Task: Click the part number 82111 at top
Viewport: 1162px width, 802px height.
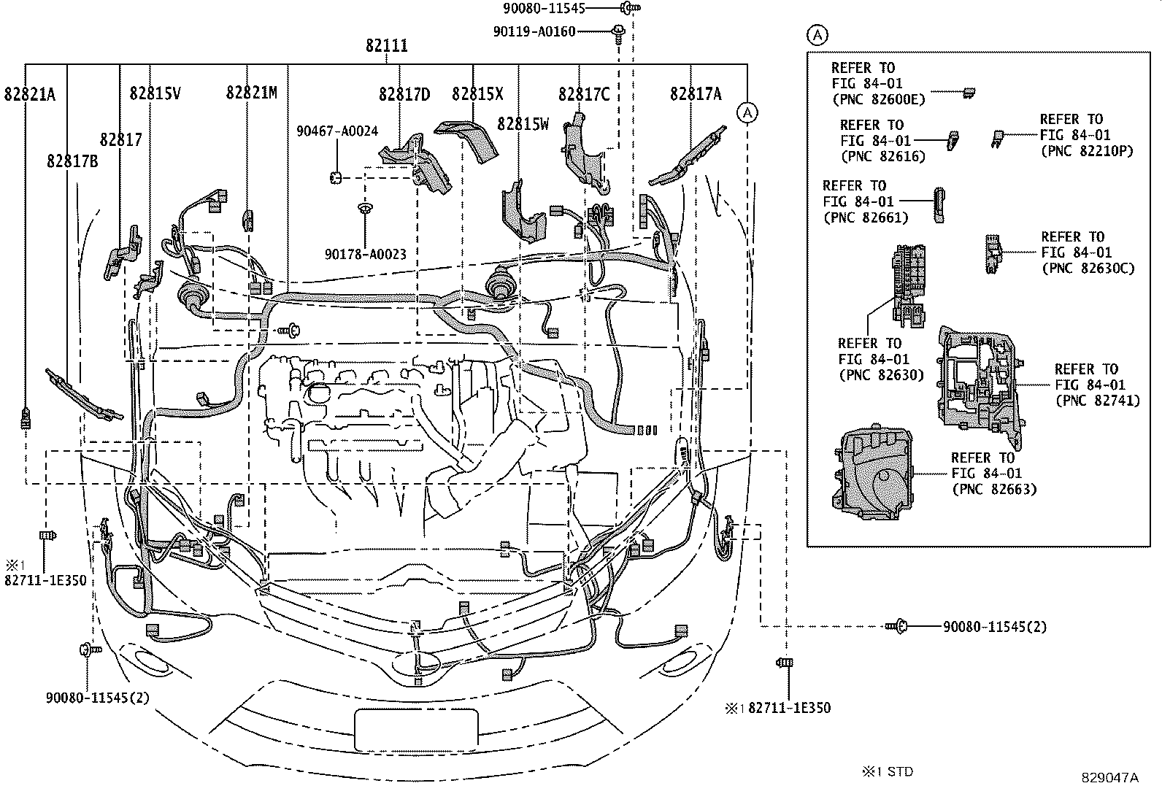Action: [x=386, y=45]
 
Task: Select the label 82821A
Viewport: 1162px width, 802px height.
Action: [x=29, y=93]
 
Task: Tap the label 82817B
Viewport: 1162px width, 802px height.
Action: [x=72, y=161]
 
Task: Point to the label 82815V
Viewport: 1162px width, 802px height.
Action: [x=155, y=93]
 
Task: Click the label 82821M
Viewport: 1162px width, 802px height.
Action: [x=251, y=93]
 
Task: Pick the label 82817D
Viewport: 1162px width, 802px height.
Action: [x=404, y=94]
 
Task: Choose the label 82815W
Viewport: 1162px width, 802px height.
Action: [x=523, y=123]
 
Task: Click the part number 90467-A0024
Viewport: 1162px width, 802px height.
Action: [x=337, y=131]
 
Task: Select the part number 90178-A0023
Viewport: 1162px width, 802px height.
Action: [x=365, y=254]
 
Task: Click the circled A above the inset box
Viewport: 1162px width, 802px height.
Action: [x=817, y=34]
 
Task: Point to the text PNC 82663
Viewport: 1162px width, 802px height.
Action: [x=994, y=489]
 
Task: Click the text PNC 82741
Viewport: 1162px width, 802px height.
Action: [x=1097, y=401]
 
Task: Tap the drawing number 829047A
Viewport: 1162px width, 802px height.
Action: [x=1109, y=778]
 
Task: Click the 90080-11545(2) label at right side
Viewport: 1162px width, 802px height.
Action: [x=994, y=627]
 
